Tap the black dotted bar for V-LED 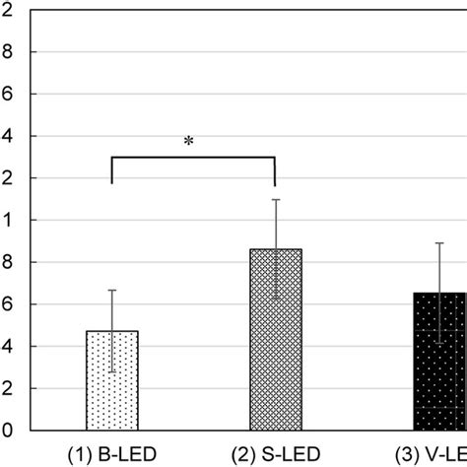(x=439, y=365)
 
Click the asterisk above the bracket (x=188, y=142)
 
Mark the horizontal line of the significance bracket (x=193, y=158)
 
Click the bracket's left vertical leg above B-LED (x=112, y=170)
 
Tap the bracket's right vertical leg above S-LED (x=275, y=170)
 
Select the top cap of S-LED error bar (x=275, y=200)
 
